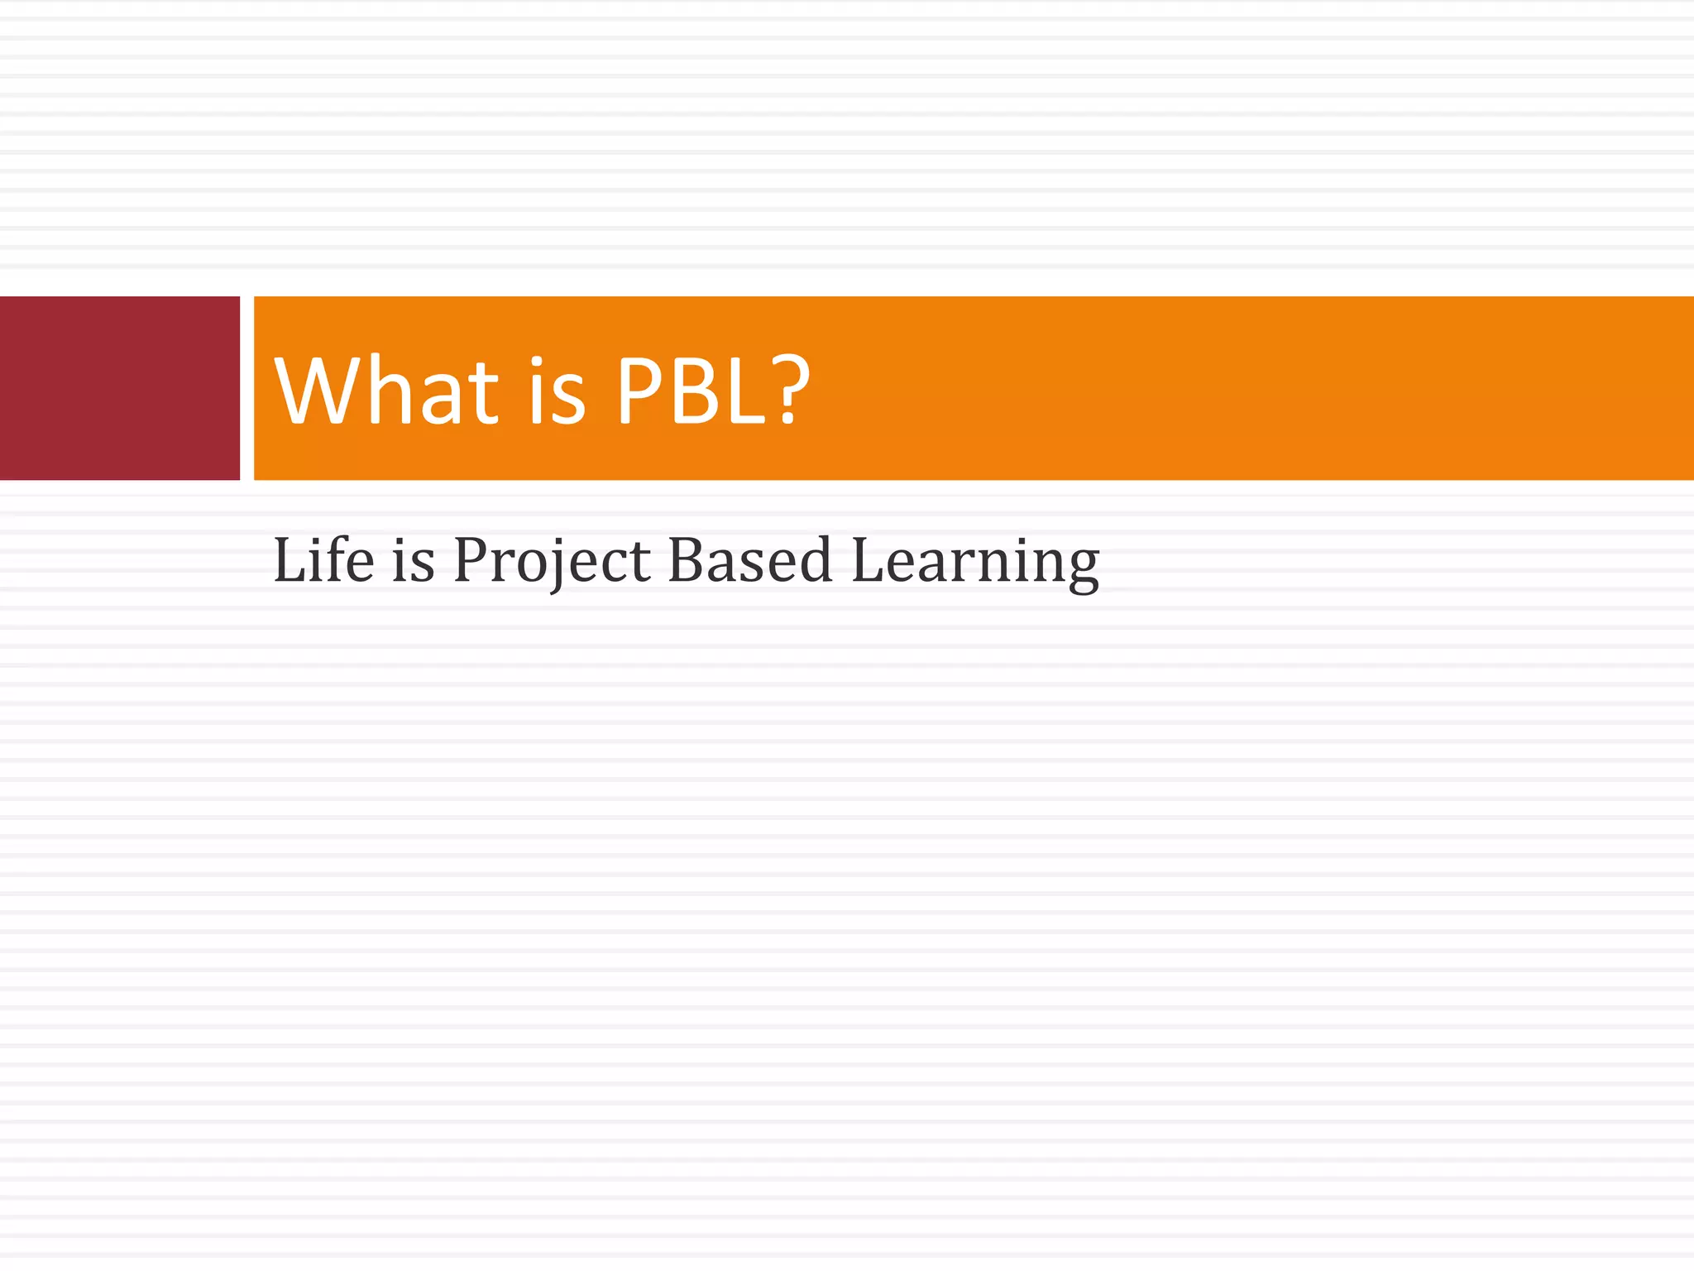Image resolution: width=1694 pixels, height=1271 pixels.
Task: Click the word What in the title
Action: [386, 391]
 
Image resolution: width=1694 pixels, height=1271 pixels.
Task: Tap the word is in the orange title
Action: [557, 391]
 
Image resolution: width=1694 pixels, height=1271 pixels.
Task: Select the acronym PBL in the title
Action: [693, 391]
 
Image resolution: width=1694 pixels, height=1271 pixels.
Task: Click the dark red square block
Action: [119, 387]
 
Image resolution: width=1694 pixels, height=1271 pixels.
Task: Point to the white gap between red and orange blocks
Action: [246, 387]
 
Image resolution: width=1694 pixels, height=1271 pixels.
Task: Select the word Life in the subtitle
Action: [323, 560]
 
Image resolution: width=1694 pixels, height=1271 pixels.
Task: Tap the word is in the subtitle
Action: [413, 560]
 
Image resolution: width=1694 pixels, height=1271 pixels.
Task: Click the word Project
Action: [552, 562]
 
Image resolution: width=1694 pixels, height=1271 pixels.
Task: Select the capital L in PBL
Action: [747, 391]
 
